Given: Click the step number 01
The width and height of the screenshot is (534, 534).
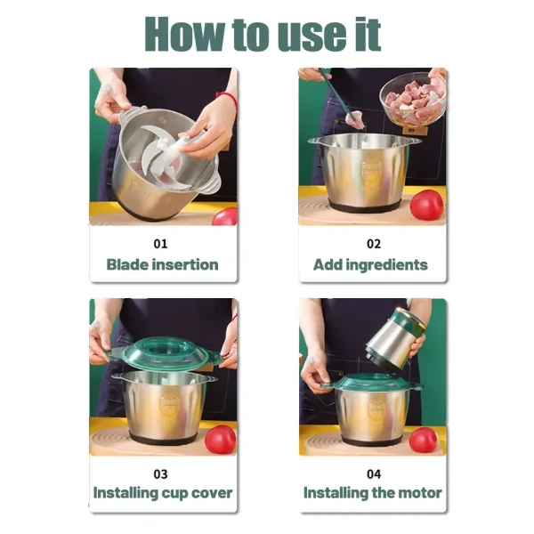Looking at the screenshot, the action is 160,244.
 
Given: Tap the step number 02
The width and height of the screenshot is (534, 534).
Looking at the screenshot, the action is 374,244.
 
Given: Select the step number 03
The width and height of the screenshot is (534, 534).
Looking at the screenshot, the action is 160,474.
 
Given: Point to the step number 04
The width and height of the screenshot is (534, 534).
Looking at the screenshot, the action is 374,474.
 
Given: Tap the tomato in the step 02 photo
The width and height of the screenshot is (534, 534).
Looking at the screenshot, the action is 426,205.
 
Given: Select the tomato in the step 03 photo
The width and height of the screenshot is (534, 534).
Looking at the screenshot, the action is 221,440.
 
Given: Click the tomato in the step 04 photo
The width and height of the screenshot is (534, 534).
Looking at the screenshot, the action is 424,441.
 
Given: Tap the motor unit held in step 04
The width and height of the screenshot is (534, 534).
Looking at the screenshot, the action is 395,338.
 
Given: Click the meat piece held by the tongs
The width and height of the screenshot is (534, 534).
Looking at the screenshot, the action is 354,120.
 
